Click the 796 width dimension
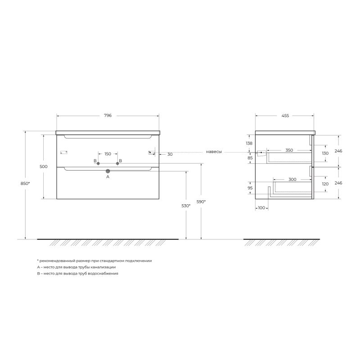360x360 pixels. point(108,116)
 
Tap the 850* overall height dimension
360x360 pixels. point(25,184)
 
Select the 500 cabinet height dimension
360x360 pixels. point(43,166)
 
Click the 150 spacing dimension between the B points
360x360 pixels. point(108,154)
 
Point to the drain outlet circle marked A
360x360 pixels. point(108,171)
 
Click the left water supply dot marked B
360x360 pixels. point(98,163)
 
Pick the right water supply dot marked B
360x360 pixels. point(117,163)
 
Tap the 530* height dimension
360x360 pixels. point(186,206)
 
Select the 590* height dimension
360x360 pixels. point(201,202)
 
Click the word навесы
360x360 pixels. point(214,152)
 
